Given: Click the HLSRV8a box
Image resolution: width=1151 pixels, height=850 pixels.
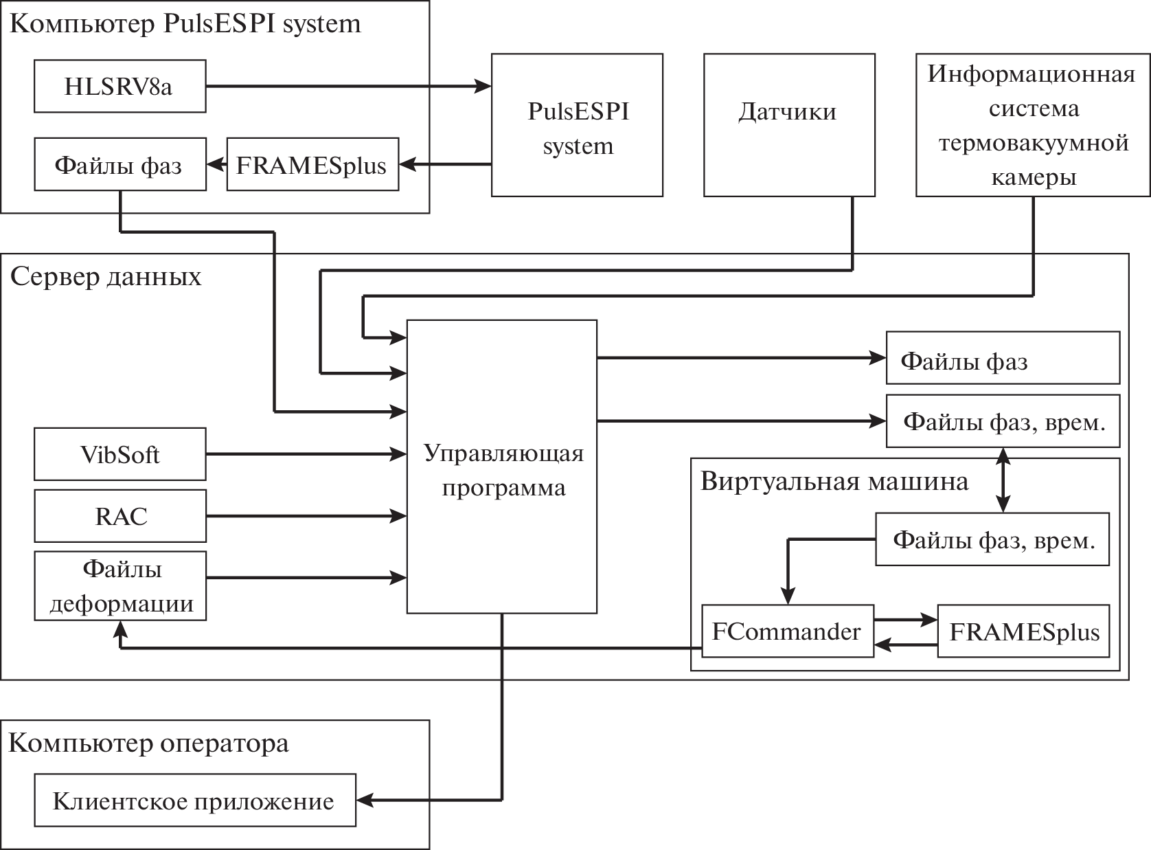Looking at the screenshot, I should [x=119, y=87].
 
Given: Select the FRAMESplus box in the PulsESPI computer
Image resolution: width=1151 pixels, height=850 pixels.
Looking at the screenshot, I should [x=312, y=165].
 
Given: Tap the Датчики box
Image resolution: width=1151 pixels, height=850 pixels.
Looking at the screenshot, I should [x=789, y=125].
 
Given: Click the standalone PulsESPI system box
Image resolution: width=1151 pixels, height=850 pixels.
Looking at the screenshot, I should [x=577, y=125].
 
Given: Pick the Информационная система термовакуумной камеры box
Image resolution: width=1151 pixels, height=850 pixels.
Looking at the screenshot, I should [x=1033, y=125].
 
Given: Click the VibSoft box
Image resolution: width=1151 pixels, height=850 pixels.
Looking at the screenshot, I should [x=119, y=454].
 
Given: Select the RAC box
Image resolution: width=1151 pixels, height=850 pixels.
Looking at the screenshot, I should [x=119, y=516].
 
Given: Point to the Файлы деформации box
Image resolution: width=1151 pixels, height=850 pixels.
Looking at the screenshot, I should [x=119, y=586].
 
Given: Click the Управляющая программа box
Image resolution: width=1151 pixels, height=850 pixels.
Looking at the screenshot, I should [x=501, y=467].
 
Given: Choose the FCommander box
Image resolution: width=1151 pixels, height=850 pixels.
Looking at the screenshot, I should [x=787, y=631].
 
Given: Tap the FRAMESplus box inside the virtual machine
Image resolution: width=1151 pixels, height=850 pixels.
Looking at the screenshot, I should [x=1023, y=631].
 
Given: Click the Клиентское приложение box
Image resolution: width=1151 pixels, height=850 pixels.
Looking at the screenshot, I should [x=194, y=801].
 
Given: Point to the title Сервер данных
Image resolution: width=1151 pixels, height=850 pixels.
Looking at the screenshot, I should [x=106, y=277].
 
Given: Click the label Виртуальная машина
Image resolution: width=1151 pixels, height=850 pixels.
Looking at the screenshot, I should [x=834, y=481].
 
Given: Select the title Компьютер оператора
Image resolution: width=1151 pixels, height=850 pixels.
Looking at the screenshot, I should [x=148, y=743].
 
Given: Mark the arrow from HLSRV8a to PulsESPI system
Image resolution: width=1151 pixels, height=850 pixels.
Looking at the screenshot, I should [x=347, y=87].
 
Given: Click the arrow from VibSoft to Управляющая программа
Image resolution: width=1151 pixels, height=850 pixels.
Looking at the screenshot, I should [x=306, y=454].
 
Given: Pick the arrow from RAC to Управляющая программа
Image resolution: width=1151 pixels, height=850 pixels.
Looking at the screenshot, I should [x=306, y=516].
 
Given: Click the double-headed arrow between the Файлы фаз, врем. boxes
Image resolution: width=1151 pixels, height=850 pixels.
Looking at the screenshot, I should [x=1004, y=480].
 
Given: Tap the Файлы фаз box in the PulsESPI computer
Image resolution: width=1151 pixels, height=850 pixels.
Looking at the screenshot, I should [x=119, y=165].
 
